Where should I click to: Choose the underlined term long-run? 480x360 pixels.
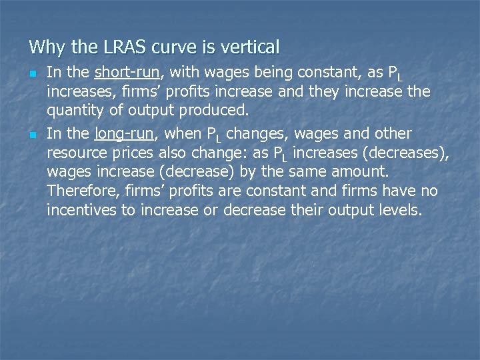125,133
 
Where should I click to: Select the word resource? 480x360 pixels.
77,153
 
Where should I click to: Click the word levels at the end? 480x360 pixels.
403,211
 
